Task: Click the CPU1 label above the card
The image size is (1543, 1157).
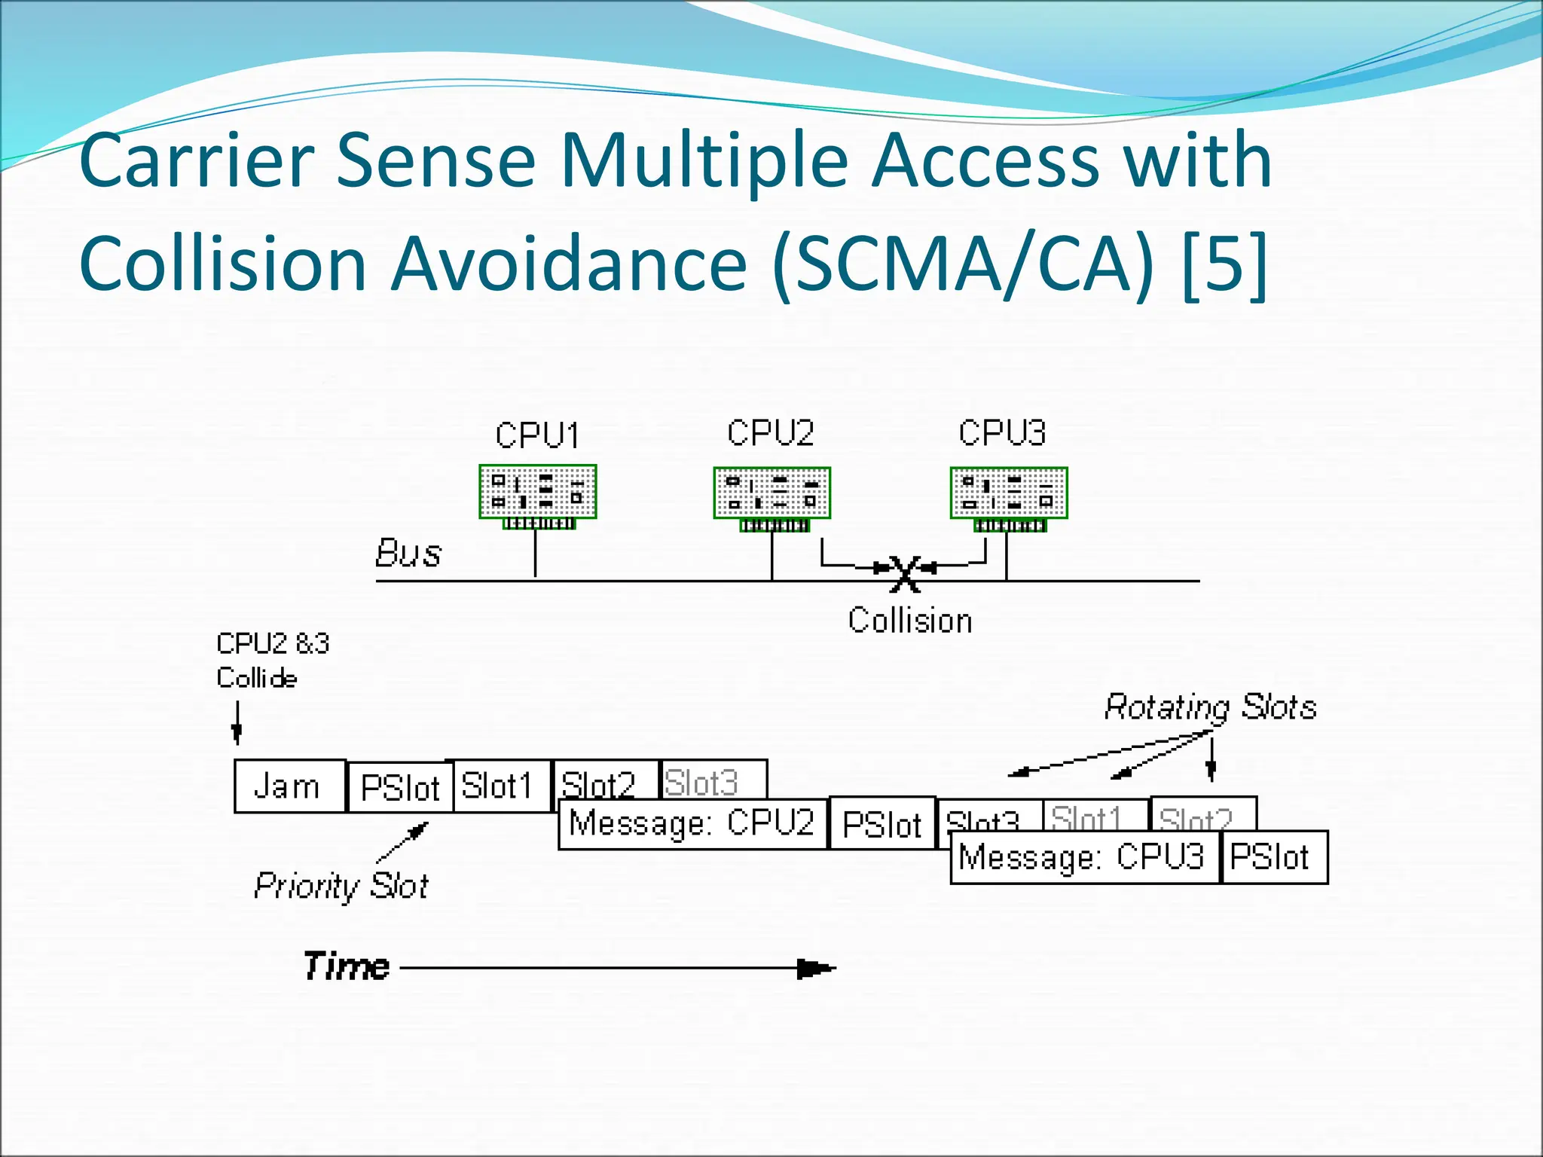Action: (537, 435)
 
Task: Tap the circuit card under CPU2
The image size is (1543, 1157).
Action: (771, 493)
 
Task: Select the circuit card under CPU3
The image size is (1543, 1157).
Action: (1009, 493)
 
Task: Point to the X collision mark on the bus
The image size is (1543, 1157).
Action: (904, 573)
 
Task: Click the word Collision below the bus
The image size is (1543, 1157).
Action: (909, 621)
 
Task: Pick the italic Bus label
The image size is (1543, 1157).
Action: (408, 554)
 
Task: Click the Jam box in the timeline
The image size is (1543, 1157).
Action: (289, 786)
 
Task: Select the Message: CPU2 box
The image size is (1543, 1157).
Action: (692, 823)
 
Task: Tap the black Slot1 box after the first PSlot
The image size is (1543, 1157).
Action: (497, 786)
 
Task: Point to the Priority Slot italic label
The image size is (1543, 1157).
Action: (341, 886)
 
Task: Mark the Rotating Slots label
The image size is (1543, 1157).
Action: (1210, 707)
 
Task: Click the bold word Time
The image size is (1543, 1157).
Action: (347, 966)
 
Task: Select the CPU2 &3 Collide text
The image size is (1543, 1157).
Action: (272, 661)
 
